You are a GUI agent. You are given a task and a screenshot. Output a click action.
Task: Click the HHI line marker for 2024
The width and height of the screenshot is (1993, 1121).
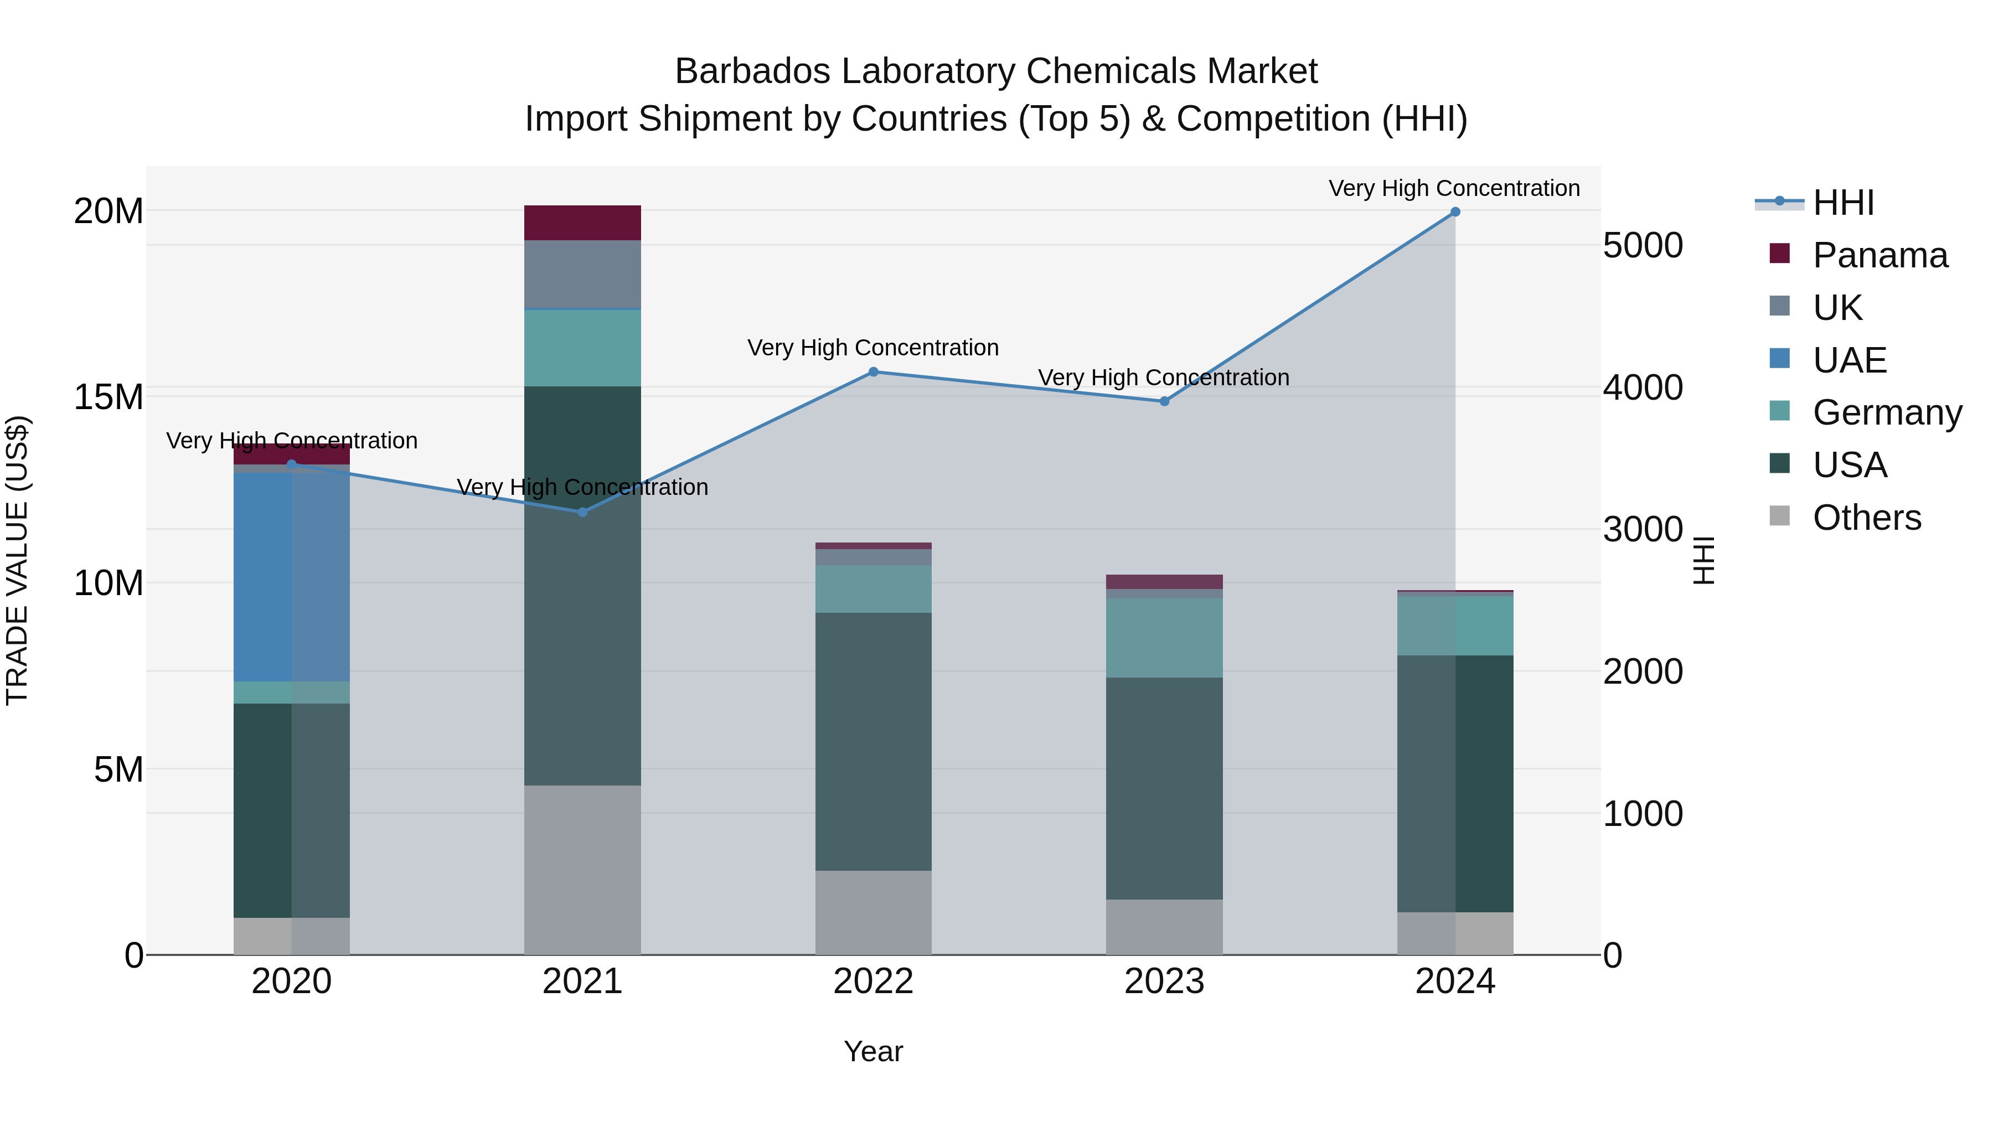(1454, 212)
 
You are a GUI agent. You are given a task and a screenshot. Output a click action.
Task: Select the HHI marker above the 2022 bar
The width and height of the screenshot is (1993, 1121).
(874, 372)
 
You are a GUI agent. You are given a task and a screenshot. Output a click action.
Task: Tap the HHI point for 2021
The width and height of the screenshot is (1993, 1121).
(582, 512)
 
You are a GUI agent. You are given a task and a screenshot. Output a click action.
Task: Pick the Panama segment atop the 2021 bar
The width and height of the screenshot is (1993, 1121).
(582, 223)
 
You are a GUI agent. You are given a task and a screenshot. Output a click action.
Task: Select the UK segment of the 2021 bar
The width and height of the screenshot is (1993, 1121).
(582, 274)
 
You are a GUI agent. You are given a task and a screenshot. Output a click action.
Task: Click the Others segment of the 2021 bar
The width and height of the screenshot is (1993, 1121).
(582, 870)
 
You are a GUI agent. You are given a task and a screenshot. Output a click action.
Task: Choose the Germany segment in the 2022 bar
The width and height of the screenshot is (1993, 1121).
(874, 589)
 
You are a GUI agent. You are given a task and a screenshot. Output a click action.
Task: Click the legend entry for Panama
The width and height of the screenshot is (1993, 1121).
(1880, 255)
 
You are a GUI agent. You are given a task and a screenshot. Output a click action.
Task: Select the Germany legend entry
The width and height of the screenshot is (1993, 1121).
(1887, 412)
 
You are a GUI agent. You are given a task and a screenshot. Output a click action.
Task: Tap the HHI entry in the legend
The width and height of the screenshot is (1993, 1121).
(1843, 203)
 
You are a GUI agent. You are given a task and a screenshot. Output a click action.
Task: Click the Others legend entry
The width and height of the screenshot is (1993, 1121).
(1866, 518)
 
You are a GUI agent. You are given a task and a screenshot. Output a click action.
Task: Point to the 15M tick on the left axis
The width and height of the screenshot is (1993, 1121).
(109, 397)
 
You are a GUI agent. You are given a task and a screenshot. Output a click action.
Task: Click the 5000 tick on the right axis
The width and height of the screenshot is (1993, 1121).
(1643, 245)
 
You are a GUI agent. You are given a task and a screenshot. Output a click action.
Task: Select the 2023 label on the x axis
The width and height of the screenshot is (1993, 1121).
(1164, 981)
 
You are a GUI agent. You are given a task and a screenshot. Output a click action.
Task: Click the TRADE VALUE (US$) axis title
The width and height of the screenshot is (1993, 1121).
(18, 560)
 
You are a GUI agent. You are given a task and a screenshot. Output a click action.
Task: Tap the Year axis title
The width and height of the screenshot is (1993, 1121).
(874, 1051)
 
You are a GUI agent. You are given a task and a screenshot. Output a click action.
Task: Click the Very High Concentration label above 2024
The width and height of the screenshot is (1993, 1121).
(1454, 188)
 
